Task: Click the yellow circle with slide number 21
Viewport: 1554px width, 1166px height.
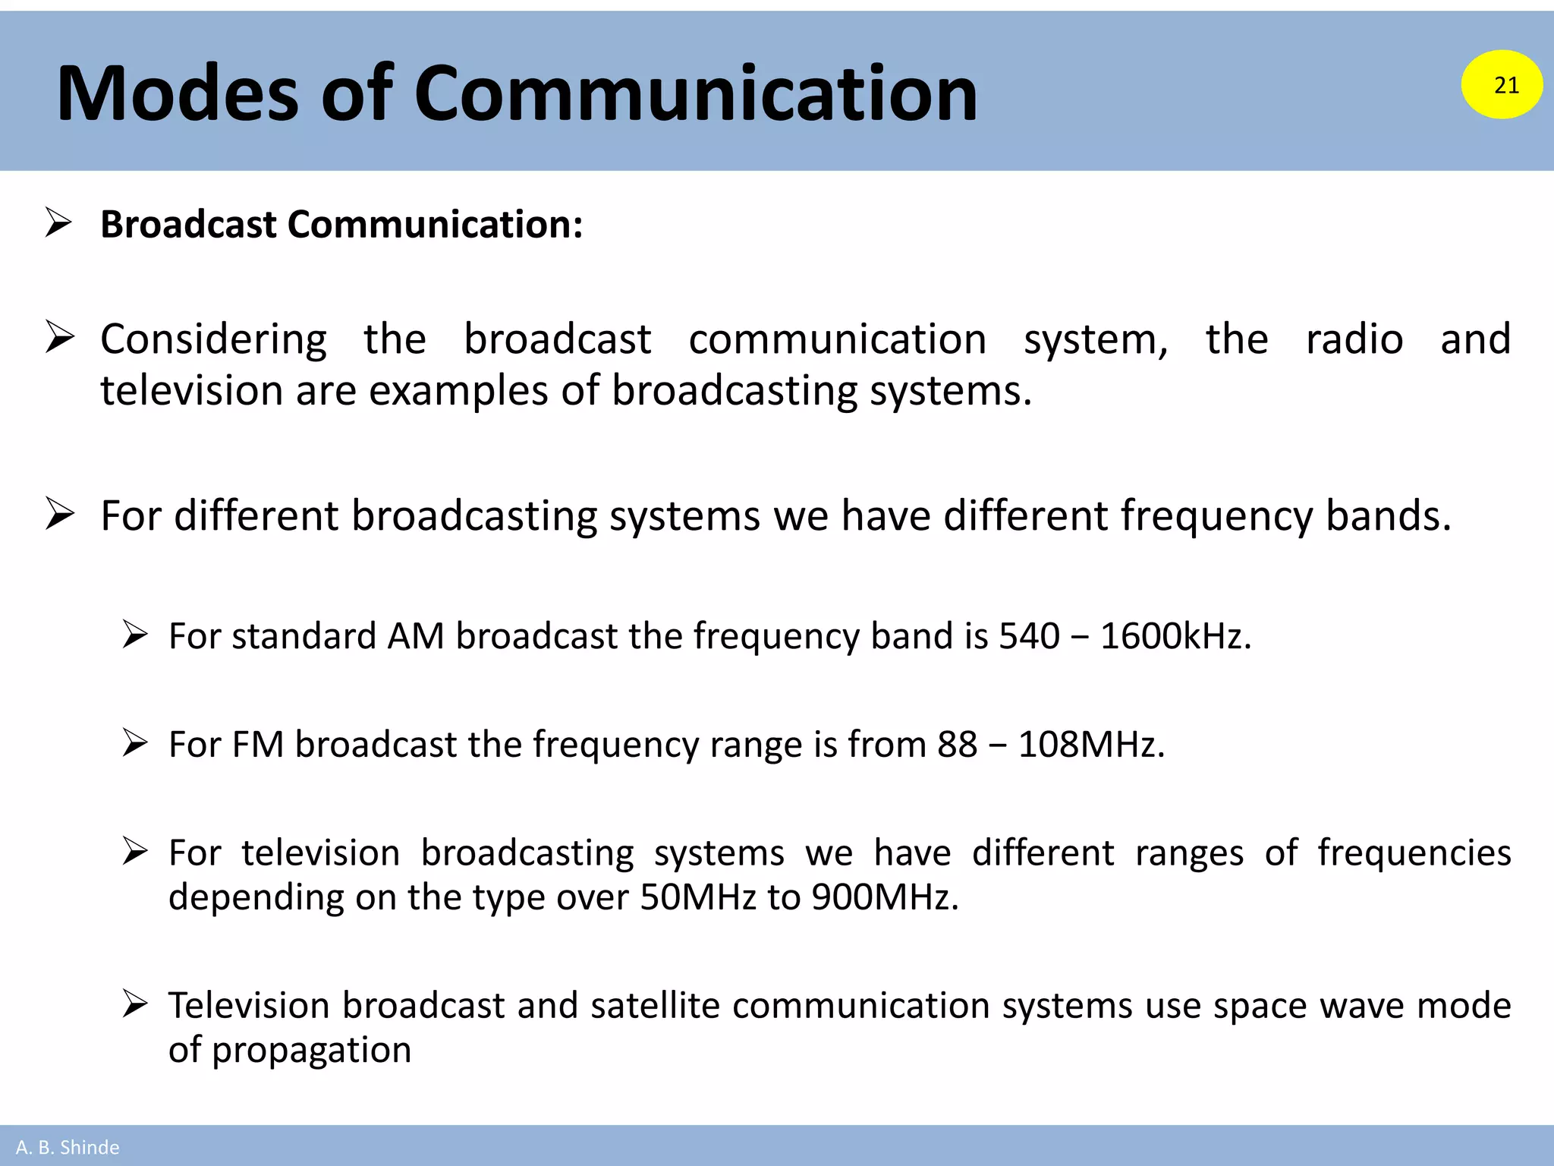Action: point(1502,84)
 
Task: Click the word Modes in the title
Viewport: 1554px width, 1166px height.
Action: point(178,93)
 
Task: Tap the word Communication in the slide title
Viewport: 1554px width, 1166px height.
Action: point(695,93)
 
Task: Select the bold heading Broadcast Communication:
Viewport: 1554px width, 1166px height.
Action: point(341,225)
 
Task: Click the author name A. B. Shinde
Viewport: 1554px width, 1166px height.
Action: point(68,1147)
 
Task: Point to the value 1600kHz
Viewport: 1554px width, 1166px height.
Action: point(1175,636)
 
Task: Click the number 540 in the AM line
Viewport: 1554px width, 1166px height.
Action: point(1029,636)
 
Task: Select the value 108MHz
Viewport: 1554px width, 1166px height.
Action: point(1090,745)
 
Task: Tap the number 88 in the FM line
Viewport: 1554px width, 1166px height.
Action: point(957,745)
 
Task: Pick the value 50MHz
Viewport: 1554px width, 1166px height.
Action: point(698,897)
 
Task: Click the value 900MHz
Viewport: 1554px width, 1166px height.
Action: point(885,897)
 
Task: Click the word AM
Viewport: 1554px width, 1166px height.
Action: point(416,636)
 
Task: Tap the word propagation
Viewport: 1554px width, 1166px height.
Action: point(311,1051)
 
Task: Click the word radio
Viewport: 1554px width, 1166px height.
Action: point(1354,339)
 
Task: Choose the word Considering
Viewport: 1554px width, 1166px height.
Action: point(214,339)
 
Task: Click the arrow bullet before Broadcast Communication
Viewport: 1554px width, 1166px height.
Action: point(58,222)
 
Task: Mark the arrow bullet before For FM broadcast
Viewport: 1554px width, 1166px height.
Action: point(135,742)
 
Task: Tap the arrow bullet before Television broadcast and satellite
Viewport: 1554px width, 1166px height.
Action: point(135,1004)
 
